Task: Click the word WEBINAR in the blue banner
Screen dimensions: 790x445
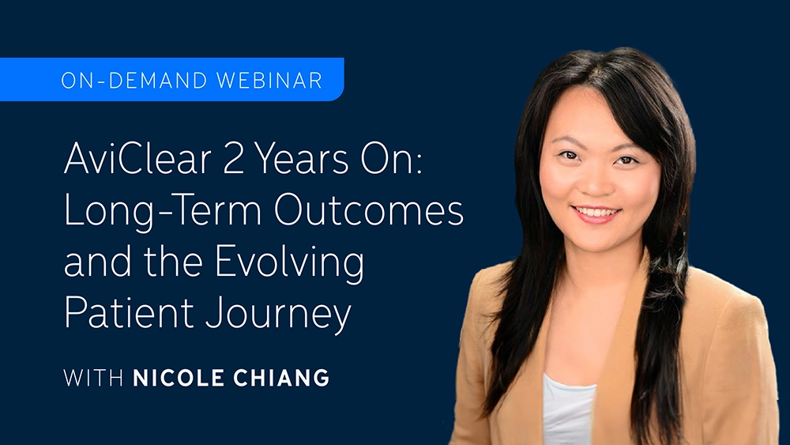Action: point(269,81)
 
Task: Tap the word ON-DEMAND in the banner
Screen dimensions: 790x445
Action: point(134,81)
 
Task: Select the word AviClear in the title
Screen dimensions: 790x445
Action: point(137,158)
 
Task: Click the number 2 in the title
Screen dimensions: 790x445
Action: point(233,159)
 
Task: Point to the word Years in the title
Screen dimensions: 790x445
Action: point(301,159)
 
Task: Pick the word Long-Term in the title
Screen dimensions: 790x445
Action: point(163,213)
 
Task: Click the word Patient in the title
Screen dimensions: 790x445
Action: point(129,312)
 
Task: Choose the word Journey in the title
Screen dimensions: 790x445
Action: point(278,315)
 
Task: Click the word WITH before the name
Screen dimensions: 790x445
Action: point(93,378)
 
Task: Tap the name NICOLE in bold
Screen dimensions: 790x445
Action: point(178,378)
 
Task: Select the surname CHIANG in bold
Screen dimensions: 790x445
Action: point(281,378)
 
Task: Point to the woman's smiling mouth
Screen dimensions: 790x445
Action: point(596,213)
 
